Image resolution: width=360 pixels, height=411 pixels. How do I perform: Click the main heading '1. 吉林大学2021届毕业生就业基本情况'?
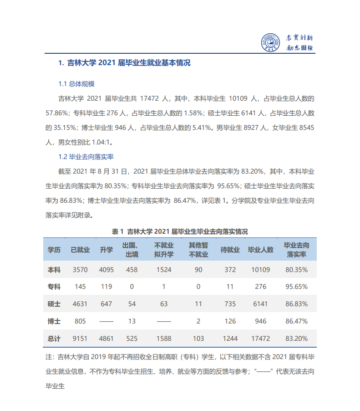124,63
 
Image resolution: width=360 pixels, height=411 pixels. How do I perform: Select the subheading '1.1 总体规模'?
76,84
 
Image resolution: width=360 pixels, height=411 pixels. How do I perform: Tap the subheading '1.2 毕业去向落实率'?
86,157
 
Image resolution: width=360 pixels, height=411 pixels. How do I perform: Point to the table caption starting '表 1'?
180,231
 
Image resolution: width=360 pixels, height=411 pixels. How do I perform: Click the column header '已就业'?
80,250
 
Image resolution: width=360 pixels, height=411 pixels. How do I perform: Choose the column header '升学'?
106,250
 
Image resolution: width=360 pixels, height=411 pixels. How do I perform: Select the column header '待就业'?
230,250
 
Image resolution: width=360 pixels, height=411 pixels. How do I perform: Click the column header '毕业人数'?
260,250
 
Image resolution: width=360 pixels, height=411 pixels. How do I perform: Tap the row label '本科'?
54,270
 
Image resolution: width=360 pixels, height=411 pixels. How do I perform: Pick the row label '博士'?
54,321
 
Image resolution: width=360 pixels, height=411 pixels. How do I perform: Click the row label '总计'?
54,339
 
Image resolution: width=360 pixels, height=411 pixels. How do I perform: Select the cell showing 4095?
106,270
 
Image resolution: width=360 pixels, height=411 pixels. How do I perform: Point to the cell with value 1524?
163,270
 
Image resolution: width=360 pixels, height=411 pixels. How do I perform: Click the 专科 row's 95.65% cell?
296,287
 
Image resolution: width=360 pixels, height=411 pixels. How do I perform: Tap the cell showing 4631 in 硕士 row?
80,304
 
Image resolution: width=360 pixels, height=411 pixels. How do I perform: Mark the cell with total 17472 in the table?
260,339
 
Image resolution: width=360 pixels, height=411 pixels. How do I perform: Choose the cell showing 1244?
230,339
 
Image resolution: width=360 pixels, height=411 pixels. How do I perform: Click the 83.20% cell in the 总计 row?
296,339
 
